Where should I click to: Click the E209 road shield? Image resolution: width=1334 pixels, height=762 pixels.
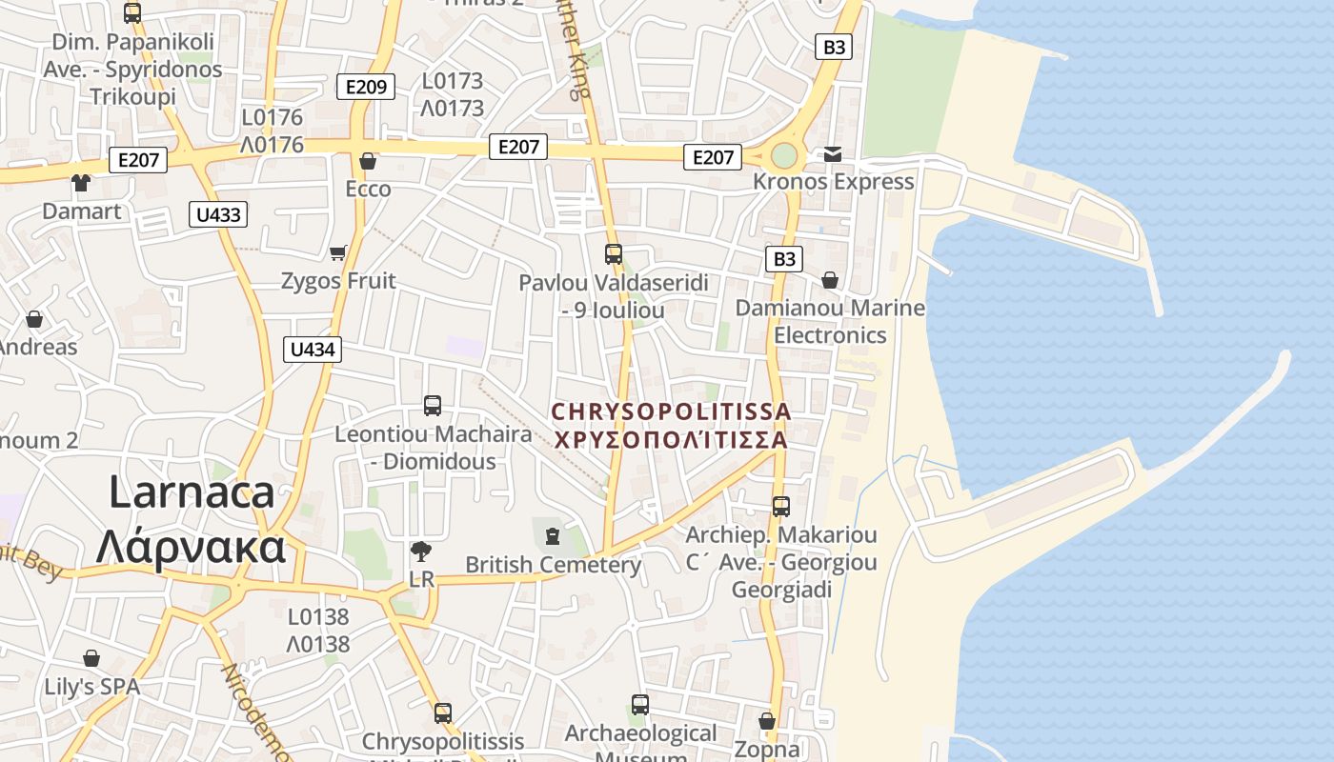pos(366,88)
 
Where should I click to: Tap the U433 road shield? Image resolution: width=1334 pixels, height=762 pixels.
pos(218,214)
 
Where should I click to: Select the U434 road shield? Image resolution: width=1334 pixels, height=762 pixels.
pos(313,350)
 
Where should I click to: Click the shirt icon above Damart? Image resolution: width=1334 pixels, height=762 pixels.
pos(81,183)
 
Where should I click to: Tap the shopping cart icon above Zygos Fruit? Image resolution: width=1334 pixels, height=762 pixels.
pos(337,252)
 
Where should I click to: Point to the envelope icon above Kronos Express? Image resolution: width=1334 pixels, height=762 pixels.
pos(833,154)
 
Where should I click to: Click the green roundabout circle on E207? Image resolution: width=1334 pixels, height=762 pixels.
pos(783,155)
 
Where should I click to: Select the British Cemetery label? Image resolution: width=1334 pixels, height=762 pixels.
pos(553,565)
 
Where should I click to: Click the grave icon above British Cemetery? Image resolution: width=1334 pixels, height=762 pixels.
pos(552,536)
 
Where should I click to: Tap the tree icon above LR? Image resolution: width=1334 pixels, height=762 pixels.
pos(420,551)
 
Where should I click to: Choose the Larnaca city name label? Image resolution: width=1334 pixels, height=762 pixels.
pos(192,519)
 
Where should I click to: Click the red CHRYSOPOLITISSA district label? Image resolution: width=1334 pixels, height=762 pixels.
pos(671,426)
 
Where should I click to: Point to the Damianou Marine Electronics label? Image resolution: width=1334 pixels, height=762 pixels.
pos(830,321)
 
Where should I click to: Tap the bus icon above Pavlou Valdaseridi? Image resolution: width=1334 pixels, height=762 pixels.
pos(614,254)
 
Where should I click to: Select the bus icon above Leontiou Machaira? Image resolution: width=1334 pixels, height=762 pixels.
pos(433,406)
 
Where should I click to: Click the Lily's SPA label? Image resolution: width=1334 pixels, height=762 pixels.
pos(91,687)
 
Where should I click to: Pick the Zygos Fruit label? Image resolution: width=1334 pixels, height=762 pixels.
pos(338,281)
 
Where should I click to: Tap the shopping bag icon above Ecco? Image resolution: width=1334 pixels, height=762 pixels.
pos(368,161)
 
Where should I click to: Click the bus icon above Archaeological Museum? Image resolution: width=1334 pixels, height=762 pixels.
pos(640,705)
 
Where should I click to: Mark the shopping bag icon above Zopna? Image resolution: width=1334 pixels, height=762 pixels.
pos(767,722)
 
